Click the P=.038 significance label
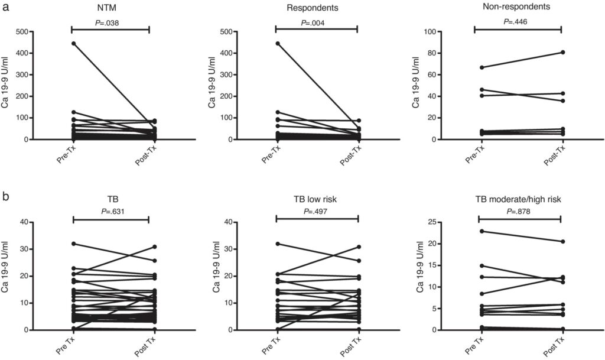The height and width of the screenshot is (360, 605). (110, 23)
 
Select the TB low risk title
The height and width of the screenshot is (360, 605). (317, 200)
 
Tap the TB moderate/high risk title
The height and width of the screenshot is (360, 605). (518, 200)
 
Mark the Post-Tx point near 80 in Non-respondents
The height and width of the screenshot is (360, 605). (562, 52)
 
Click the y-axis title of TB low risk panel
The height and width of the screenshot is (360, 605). (214, 275)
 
